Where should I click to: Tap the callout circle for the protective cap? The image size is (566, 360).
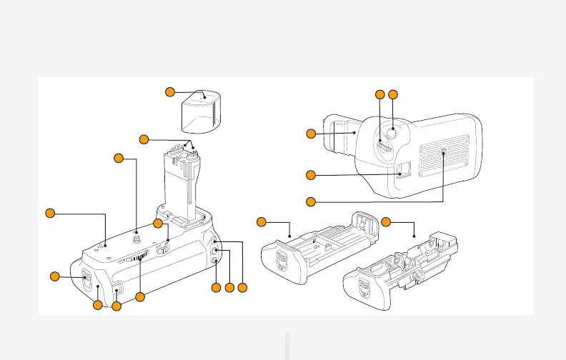coord(170,91)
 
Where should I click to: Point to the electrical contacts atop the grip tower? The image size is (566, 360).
coord(190,149)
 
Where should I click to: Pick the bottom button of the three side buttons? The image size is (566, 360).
coord(216,261)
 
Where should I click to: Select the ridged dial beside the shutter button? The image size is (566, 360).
coord(383,146)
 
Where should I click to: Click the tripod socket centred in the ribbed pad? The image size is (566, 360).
coord(445,152)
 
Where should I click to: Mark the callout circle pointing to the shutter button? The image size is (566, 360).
coord(392,94)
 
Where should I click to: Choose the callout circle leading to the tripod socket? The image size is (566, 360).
coord(311,201)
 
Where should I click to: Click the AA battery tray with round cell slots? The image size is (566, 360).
coord(400,271)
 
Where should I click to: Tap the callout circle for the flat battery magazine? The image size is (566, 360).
coord(261,221)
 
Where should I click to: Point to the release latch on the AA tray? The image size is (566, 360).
coord(364,289)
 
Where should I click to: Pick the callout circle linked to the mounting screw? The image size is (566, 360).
coord(119,157)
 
